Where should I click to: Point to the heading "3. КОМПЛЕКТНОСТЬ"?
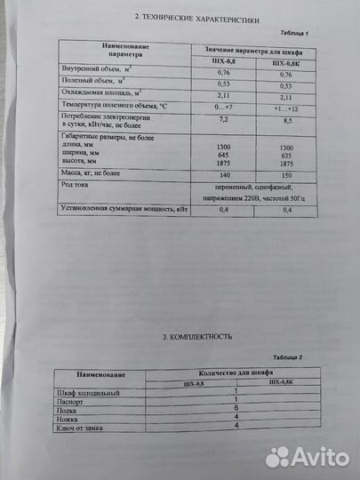185,338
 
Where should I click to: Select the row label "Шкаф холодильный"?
86,392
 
